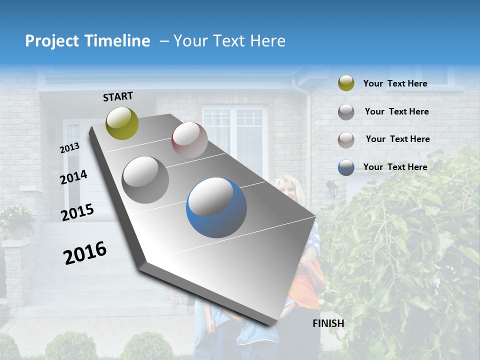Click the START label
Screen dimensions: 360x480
click(118, 96)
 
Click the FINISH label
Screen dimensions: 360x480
click(328, 323)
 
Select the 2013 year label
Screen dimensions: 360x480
click(69, 148)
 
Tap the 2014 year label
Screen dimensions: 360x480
click(74, 177)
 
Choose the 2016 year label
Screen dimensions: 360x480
click(85, 253)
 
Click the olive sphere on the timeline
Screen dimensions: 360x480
click(122, 123)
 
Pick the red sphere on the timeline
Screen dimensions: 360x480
click(189, 140)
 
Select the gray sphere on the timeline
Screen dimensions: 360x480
click(145, 179)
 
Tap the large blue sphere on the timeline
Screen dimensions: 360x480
click(216, 207)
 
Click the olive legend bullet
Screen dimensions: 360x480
click(346, 83)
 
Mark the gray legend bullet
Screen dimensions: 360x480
click(346, 111)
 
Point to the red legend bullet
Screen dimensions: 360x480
click(346, 139)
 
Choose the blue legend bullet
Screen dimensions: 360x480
click(346, 167)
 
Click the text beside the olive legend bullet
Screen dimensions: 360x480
click(395, 83)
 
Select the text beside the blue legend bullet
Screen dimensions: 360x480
click(395, 167)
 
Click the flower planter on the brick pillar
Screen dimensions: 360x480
click(17, 222)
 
